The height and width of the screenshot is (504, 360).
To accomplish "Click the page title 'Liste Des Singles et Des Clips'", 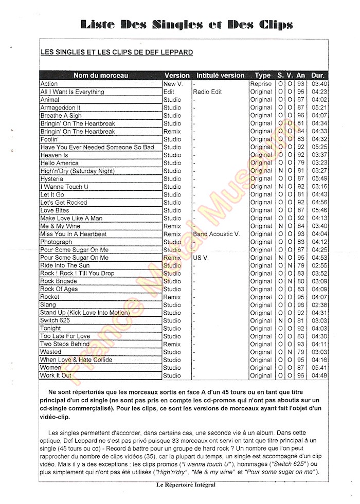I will [x=187, y=24].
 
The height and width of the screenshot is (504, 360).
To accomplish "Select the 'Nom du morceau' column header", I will [x=101, y=75].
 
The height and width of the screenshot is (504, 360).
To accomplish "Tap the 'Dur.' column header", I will [x=318, y=75].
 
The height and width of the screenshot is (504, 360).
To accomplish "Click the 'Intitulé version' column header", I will [x=221, y=75].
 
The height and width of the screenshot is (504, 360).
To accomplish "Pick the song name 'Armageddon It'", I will [x=60, y=107].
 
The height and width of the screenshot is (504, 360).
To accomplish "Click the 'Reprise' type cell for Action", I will [x=261, y=84].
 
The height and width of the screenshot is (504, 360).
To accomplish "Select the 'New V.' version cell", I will [x=173, y=84].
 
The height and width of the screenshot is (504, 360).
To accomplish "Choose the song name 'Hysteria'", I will [x=52, y=178].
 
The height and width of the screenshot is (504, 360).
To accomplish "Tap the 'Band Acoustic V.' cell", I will [x=217, y=234].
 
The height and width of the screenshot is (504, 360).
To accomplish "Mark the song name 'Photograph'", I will [x=56, y=242].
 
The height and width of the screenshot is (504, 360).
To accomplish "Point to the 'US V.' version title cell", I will [x=201, y=258].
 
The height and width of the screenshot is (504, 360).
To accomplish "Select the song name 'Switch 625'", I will [x=55, y=320].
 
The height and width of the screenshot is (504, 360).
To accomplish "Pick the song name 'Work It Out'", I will [x=56, y=375].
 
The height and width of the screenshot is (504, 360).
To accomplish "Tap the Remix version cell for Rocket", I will [x=172, y=297].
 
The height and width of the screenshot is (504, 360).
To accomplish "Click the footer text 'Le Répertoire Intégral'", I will [x=186, y=484].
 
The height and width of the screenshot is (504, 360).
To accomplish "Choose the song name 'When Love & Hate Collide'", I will [x=76, y=359].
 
